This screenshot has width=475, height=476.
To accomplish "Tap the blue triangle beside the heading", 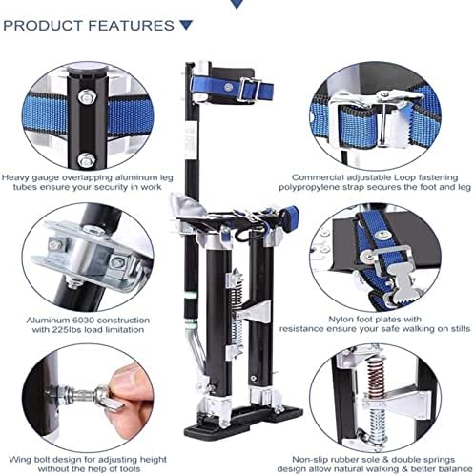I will pos(185,25).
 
